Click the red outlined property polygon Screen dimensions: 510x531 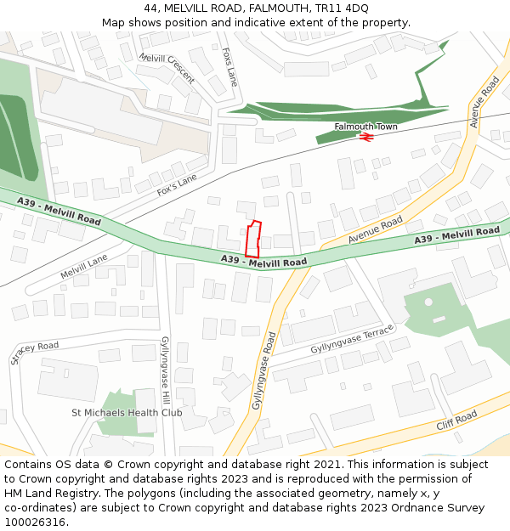pos(252,240)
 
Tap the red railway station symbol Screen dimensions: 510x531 pos(367,136)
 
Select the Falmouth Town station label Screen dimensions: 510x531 pos(365,127)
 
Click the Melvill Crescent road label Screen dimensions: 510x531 pos(167,69)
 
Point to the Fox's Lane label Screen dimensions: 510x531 pos(177,185)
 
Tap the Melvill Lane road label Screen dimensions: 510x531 pos(84,267)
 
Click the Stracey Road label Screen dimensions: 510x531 pos(35,353)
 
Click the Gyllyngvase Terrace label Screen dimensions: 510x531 pos(352,340)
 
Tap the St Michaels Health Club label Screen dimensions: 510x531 pos(127,413)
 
